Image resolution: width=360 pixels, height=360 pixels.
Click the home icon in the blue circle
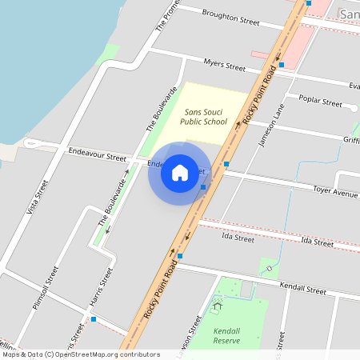(180, 173)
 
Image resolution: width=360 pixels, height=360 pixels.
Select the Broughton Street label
(231, 18)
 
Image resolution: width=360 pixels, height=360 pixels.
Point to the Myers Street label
(224, 66)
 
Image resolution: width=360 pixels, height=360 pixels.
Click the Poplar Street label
(320, 102)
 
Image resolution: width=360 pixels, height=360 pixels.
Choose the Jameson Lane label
(273, 126)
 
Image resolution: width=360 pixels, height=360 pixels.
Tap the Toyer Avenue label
(335, 194)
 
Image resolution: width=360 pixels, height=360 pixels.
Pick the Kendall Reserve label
(226, 335)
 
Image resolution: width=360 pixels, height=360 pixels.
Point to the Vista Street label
(33, 197)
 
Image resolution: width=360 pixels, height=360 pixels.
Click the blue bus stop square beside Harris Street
(94, 319)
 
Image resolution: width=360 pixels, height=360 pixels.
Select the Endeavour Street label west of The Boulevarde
(98, 150)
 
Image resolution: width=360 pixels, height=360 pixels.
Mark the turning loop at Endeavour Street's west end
(31, 144)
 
